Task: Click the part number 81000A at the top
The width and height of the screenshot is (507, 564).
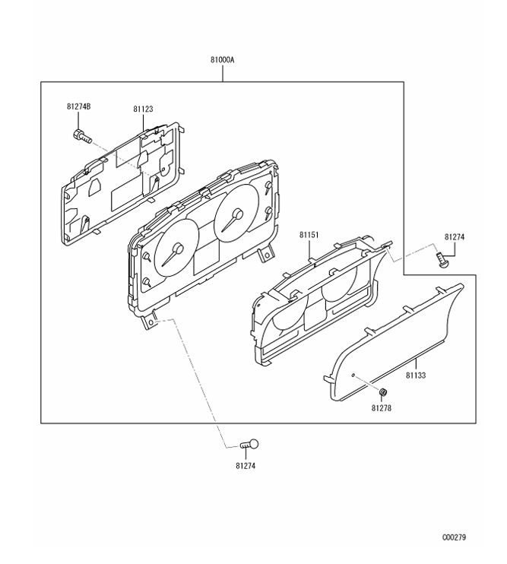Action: pyautogui.click(x=222, y=58)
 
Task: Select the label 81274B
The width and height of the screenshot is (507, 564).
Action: pyautogui.click(x=78, y=106)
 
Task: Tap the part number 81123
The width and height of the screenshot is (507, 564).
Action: pyautogui.click(x=143, y=109)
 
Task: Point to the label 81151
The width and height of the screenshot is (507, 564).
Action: pyautogui.click(x=309, y=236)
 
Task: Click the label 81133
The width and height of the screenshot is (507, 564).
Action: pyautogui.click(x=417, y=375)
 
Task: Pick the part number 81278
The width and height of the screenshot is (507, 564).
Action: pyautogui.click(x=382, y=407)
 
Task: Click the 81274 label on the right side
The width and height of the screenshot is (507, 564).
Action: pyautogui.click(x=454, y=237)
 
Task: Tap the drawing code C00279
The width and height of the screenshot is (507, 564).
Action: pyautogui.click(x=454, y=537)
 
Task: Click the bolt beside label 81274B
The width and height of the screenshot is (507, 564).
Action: pyautogui.click(x=81, y=137)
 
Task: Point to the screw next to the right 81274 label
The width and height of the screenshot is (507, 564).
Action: pyautogui.click(x=442, y=260)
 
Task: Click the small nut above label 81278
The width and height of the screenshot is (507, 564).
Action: pyautogui.click(x=383, y=392)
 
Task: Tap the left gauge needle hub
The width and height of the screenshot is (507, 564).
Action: pyautogui.click(x=178, y=249)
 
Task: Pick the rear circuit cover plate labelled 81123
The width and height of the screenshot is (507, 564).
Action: pyautogui.click(x=122, y=182)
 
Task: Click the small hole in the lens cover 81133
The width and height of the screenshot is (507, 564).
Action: pyautogui.click(x=355, y=374)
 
